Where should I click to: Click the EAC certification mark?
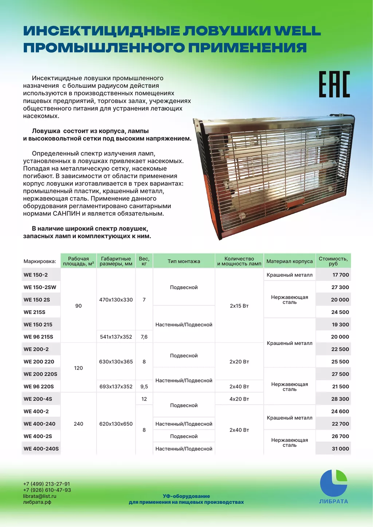334,84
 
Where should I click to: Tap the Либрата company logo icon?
333,483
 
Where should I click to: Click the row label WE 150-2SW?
40,287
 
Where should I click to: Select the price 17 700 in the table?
341,275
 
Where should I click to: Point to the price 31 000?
340,449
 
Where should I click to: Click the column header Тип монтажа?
184,261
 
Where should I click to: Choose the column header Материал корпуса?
289,261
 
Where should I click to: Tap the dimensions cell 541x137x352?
116,337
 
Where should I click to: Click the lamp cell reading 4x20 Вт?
239,399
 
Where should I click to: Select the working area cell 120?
78,368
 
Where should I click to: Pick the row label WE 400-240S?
41,449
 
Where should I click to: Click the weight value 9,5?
144,387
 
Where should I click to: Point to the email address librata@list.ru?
40,496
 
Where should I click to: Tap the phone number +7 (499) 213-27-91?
47,484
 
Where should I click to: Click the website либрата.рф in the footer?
37,502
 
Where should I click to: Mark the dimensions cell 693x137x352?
116,387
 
